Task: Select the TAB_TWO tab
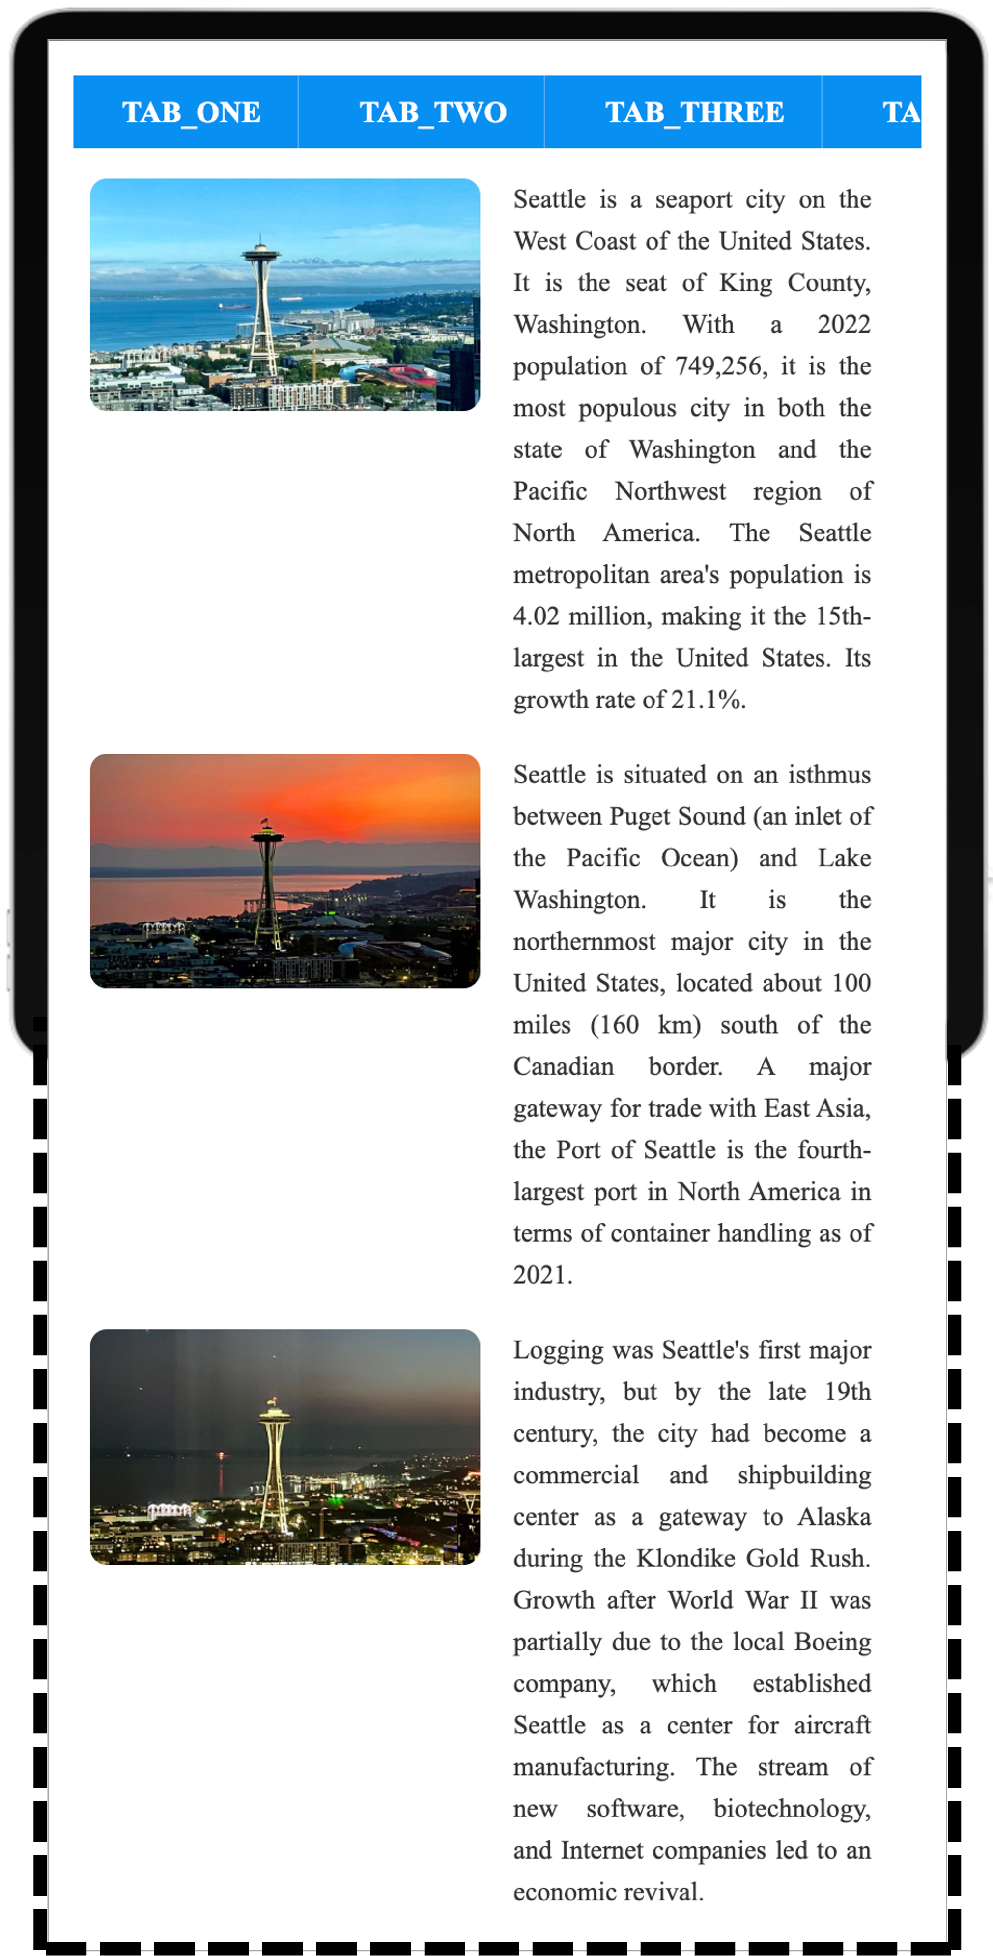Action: [x=432, y=112]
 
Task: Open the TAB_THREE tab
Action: [x=694, y=112]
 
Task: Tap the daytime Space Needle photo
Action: [x=285, y=295]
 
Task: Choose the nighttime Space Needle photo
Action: [x=285, y=1447]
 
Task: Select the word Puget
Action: [x=640, y=817]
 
